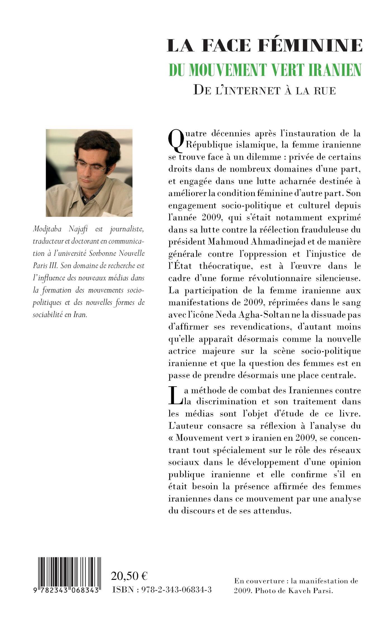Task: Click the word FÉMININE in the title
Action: (x=310, y=45)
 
